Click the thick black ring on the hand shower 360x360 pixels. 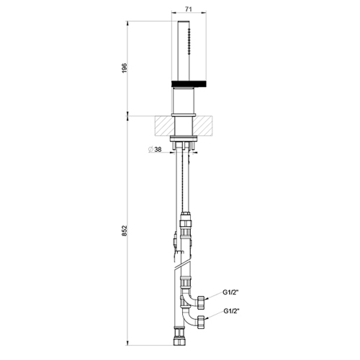[x=188, y=84]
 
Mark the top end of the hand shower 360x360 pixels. [x=188, y=22]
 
